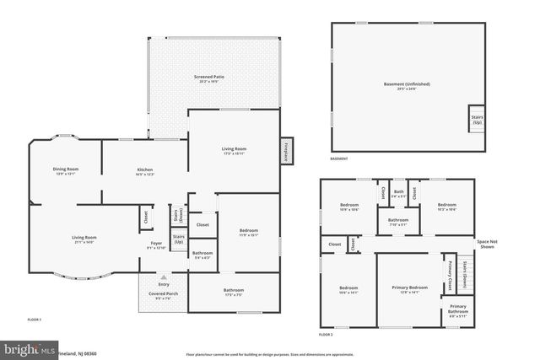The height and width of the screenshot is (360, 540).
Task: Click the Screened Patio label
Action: [208, 78]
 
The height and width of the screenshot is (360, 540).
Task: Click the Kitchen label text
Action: [145, 171]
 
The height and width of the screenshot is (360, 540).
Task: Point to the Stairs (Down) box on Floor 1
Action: [178, 215]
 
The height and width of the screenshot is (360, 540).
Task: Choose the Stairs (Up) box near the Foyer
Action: [178, 240]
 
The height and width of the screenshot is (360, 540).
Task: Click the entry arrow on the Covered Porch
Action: [164, 277]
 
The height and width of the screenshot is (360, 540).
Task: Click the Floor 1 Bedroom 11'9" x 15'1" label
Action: [248, 233]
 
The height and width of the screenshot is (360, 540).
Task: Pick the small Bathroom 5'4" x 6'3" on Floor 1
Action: [202, 255]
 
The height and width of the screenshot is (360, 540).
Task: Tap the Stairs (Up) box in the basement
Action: [477, 119]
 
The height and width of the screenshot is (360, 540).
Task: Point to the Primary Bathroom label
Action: [457, 309]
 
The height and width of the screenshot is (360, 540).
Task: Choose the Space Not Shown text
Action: [488, 244]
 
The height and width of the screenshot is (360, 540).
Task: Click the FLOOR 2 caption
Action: [327, 335]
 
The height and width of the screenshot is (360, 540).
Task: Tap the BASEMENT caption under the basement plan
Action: [338, 159]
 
